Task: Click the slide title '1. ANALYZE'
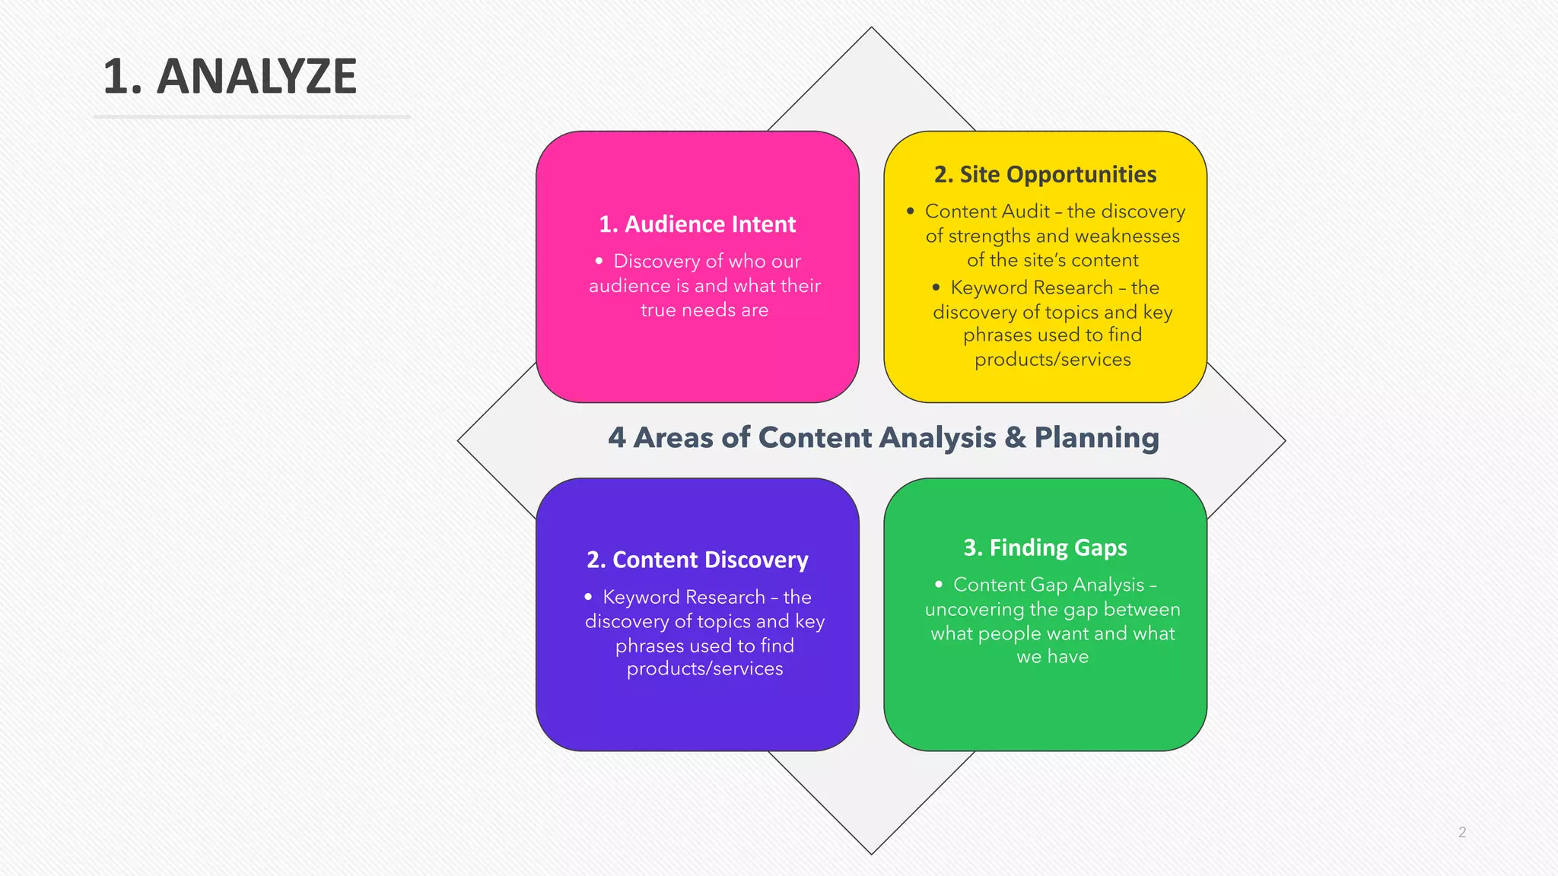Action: tap(230, 76)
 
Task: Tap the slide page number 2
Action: tap(1461, 832)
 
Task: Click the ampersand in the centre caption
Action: tap(1015, 438)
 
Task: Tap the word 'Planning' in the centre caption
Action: tap(1096, 438)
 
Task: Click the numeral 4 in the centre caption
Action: tap(617, 438)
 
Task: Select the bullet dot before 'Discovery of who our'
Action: tap(599, 261)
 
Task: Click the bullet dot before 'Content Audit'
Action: tap(911, 211)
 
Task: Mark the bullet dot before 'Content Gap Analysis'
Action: tap(939, 584)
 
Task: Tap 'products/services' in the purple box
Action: tap(704, 668)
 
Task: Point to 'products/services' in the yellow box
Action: tap(1053, 359)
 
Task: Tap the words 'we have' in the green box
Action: tap(1053, 656)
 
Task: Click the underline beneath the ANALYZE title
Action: tap(252, 117)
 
